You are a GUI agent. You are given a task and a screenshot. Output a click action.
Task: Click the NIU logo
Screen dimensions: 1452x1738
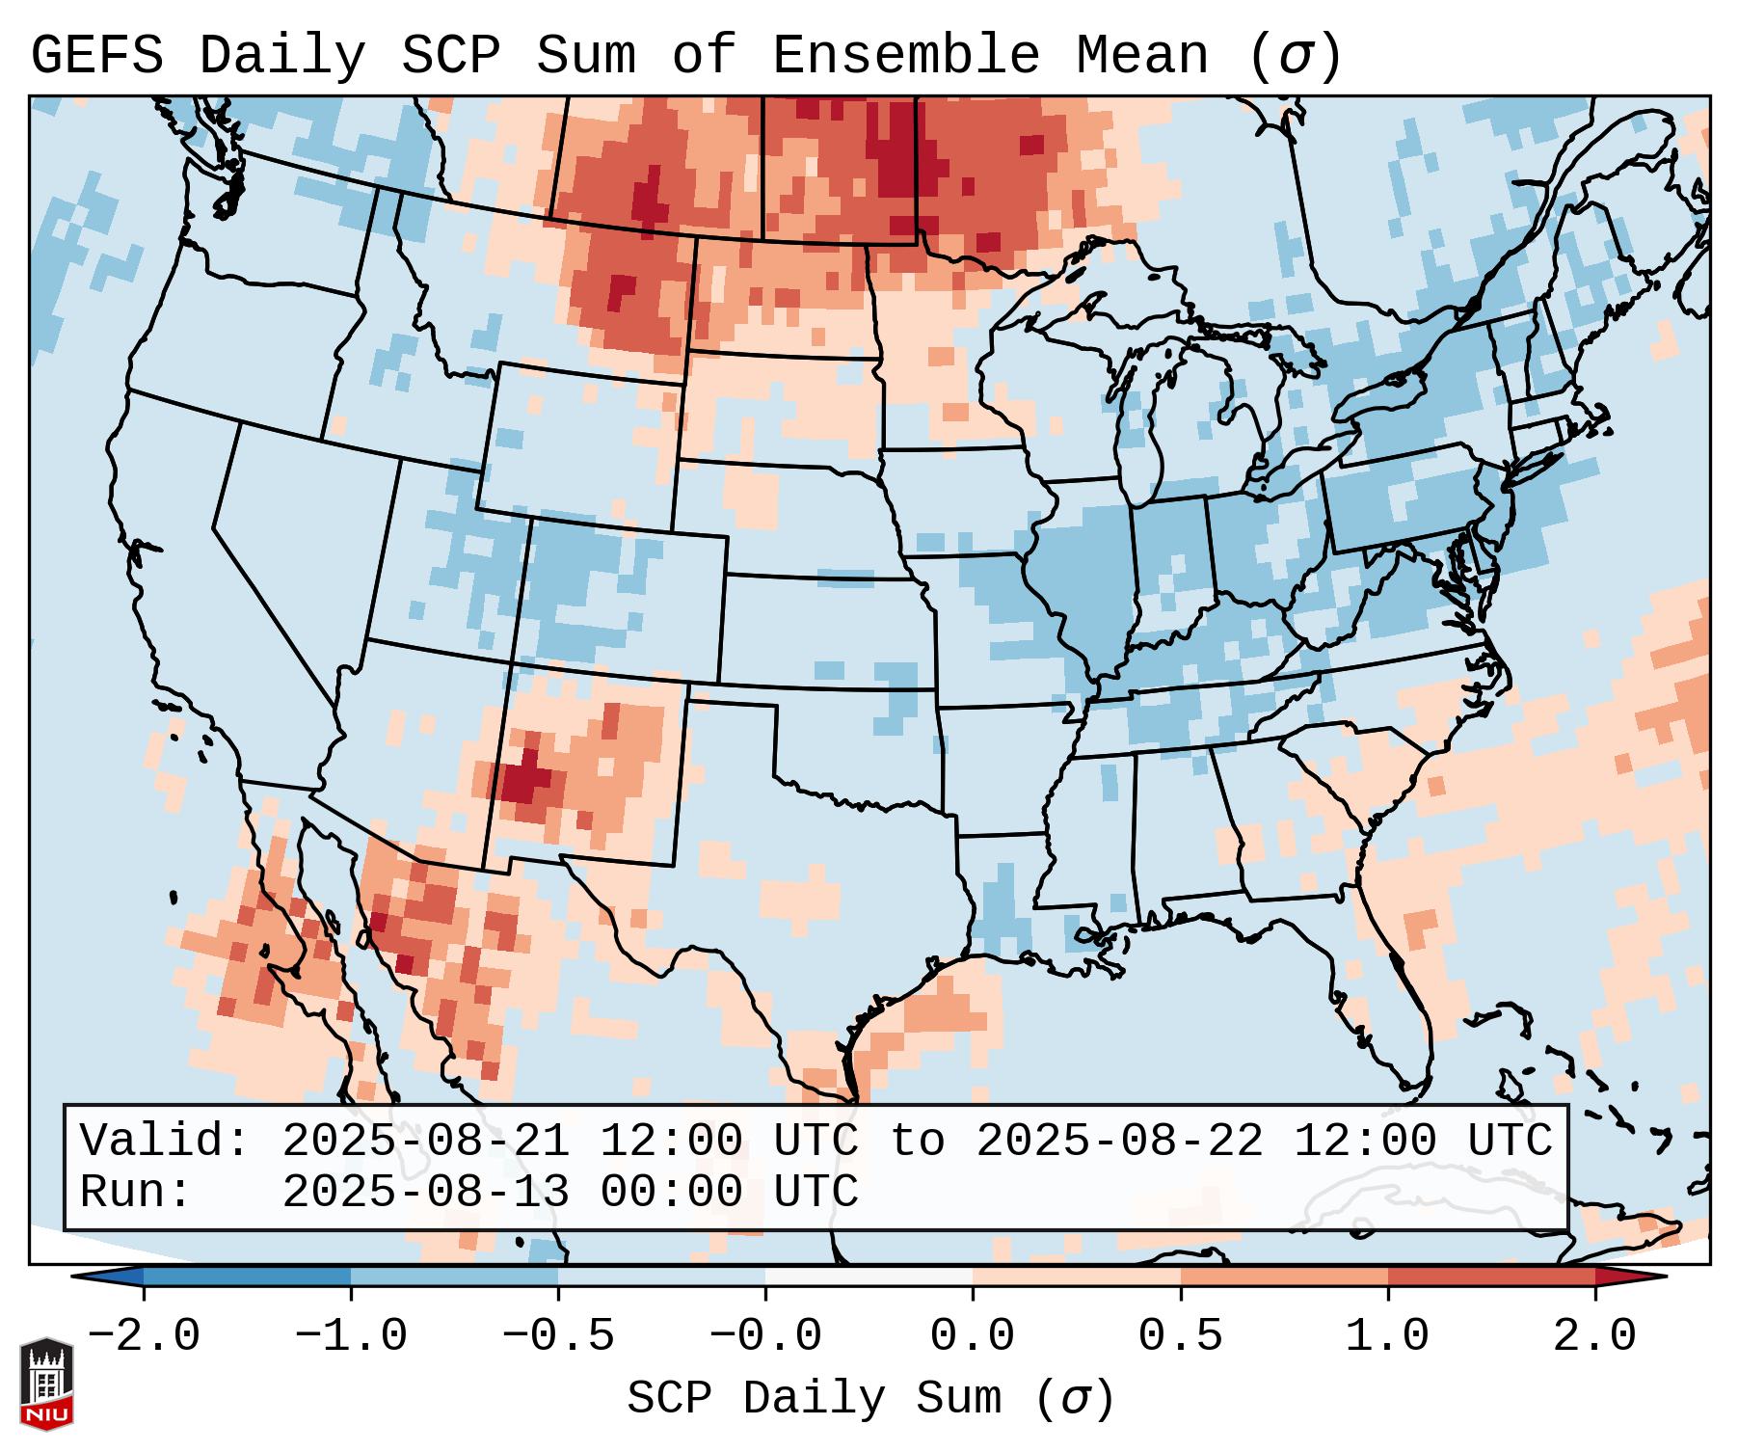click(x=46, y=1384)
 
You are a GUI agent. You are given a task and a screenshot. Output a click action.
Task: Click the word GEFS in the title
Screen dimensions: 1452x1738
click(x=96, y=56)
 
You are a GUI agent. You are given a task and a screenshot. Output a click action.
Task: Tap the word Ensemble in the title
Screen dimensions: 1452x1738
click(x=906, y=56)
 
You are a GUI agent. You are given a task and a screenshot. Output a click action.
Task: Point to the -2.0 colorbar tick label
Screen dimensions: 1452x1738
click(x=144, y=1336)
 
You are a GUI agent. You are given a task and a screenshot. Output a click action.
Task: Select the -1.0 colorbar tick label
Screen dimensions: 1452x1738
click(x=351, y=1336)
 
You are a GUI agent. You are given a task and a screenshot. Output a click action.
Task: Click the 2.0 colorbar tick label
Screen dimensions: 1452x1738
click(x=1594, y=1336)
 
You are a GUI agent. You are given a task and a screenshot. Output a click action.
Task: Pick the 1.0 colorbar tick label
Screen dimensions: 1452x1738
click(x=1387, y=1336)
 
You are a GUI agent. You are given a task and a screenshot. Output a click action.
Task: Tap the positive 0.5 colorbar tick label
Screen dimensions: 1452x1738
click(x=1180, y=1336)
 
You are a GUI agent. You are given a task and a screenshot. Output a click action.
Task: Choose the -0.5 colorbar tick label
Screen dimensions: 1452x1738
click(x=558, y=1336)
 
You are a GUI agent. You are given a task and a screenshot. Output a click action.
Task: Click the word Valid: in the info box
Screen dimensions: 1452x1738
click(x=164, y=1142)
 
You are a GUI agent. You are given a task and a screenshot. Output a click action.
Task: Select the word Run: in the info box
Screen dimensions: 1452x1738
click(x=135, y=1193)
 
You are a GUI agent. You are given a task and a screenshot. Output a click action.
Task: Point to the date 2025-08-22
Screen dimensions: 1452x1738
click(x=1119, y=1142)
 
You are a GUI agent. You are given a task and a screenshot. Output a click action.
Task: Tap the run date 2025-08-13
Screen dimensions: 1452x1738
click(x=425, y=1193)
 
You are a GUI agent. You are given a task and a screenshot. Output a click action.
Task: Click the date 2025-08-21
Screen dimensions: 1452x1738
click(x=425, y=1142)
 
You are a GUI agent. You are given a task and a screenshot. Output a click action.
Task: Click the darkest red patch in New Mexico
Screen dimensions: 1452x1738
click(x=523, y=777)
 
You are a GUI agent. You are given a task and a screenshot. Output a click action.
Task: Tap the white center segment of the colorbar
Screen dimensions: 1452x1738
click(x=869, y=1277)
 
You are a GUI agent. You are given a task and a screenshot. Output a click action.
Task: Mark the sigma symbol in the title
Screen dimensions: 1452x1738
click(x=1295, y=56)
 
